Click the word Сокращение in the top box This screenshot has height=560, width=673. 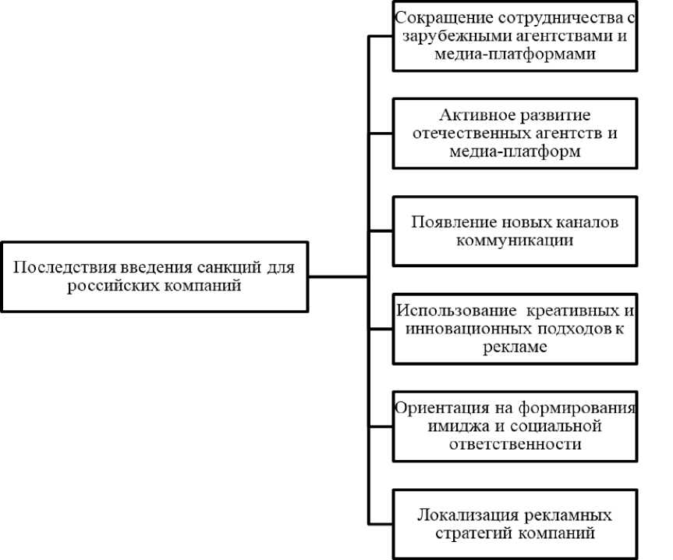pos(444,19)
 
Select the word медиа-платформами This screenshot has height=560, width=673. pos(515,54)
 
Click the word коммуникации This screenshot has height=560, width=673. pos(515,241)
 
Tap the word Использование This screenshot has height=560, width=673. pos(456,310)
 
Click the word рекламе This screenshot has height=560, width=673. pos(515,347)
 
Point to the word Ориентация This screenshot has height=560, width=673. pos(442,408)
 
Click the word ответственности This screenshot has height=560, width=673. pos(515,444)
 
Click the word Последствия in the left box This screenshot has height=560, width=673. pos(65,267)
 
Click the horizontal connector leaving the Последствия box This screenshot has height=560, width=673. pos(338,276)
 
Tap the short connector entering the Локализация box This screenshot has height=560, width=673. pos(381,524)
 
